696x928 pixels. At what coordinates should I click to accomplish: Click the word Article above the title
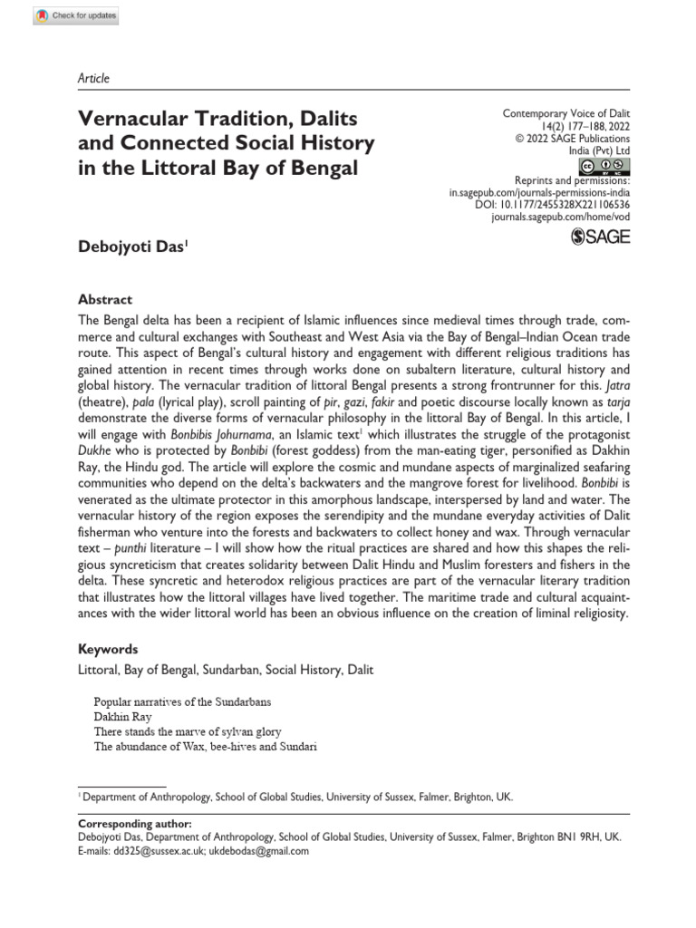(92, 79)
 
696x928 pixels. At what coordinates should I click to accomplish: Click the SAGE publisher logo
(601, 237)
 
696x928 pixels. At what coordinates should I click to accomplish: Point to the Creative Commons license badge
(604, 166)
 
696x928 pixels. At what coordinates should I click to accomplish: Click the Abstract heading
(105, 300)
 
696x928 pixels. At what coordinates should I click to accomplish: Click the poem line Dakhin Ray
(123, 716)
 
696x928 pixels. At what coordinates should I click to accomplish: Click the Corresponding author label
(135, 823)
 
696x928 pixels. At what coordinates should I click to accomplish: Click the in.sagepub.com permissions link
(540, 193)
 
